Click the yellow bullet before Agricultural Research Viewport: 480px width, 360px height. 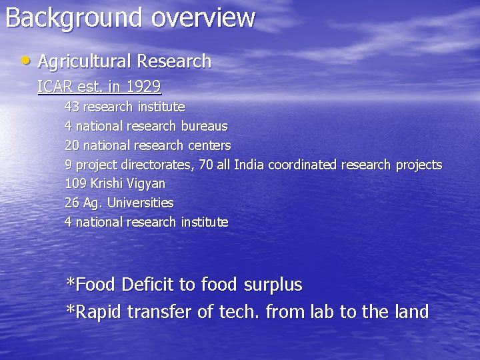click(25, 61)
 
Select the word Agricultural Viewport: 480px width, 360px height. click(84, 61)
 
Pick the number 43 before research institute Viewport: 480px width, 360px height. click(71, 107)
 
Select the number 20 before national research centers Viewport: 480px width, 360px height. click(71, 145)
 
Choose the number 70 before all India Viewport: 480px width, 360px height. click(205, 165)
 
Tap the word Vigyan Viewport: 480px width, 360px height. click(146, 183)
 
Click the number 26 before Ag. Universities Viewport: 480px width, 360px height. click(71, 203)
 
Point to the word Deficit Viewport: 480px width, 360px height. click(149, 285)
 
